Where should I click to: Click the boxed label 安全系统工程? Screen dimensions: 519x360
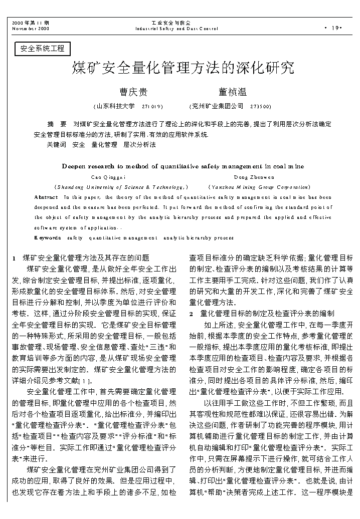pyautogui.click(x=43, y=49)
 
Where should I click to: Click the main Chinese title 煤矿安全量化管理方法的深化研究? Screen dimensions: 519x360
pyautogui.click(x=183, y=68)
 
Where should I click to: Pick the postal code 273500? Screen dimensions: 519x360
pyautogui.click(x=260, y=106)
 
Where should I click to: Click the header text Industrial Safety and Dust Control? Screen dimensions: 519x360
pyautogui.click(x=176, y=29)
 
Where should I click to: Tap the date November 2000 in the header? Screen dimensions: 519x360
pyautogui.click(x=31, y=29)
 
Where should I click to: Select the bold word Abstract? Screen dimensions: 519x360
pyautogui.click(x=46, y=197)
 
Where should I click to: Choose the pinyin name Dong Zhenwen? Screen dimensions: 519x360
pyautogui.click(x=254, y=177)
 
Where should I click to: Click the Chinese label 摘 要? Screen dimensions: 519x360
pyautogui.click(x=57, y=123)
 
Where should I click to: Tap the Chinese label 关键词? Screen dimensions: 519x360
pyautogui.click(x=56, y=145)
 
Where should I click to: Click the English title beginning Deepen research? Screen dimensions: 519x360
pyautogui.click(x=183, y=166)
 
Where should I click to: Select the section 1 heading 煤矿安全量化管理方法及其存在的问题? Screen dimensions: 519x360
pyautogui.click(x=85, y=258)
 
